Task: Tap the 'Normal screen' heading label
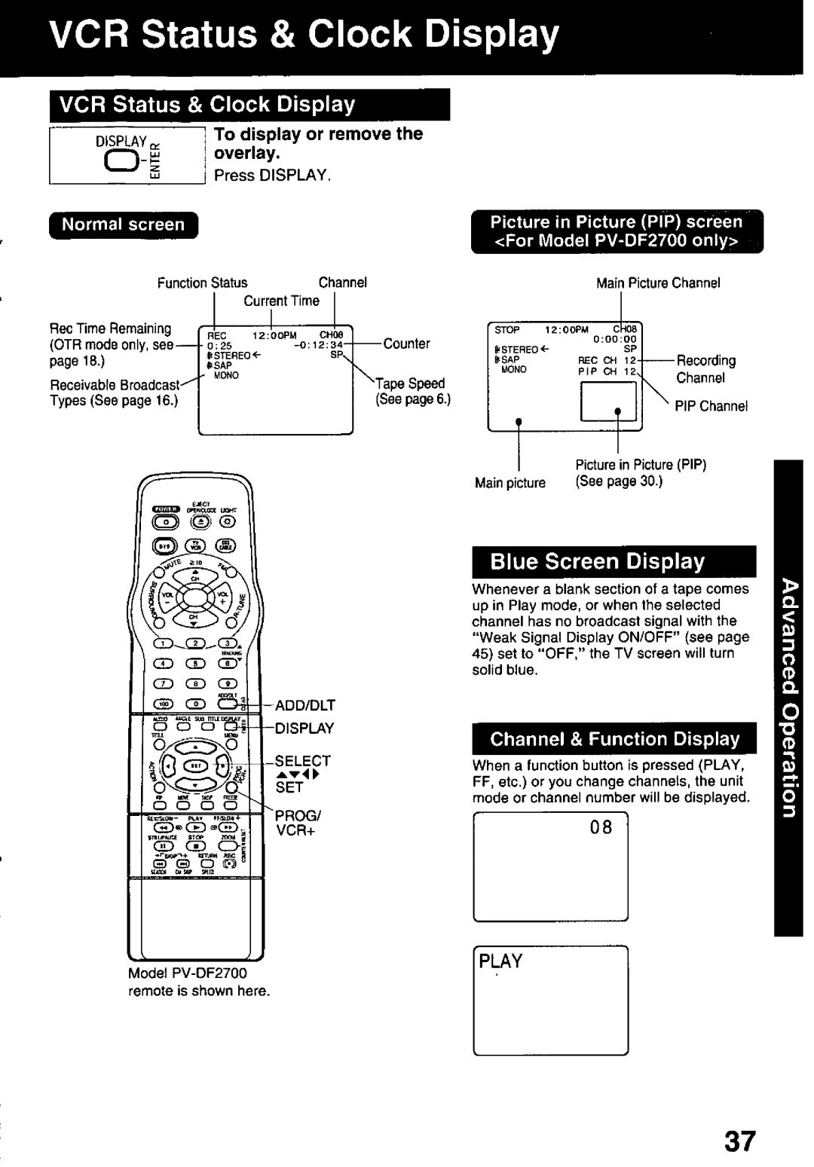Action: click(x=123, y=225)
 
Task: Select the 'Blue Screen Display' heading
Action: click(x=597, y=561)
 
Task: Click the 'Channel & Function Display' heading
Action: click(x=614, y=739)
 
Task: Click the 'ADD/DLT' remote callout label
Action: click(x=304, y=705)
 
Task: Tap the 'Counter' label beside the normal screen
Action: click(x=406, y=344)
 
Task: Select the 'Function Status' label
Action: click(x=202, y=283)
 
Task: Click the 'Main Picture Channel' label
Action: click(x=658, y=283)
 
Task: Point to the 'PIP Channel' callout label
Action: click(x=711, y=406)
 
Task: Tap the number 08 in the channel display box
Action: click(x=601, y=827)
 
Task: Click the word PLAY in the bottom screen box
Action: click(x=501, y=961)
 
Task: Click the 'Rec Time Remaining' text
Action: click(x=110, y=328)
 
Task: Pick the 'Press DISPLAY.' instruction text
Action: click(x=273, y=175)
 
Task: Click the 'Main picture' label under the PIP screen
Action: click(x=510, y=483)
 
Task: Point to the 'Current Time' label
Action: click(x=281, y=301)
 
